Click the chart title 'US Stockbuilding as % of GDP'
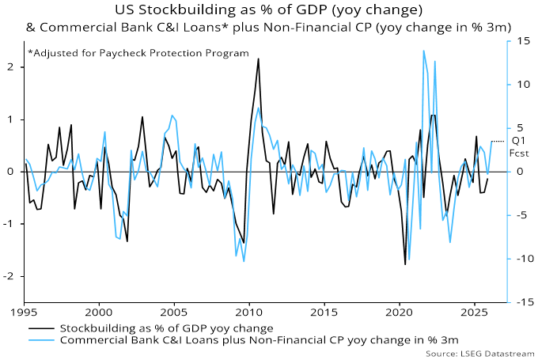268,10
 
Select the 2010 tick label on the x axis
249,313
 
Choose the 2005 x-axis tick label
174,313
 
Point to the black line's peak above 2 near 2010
258,59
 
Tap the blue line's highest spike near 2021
423,51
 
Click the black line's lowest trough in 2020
405,264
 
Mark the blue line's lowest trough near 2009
244,261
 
